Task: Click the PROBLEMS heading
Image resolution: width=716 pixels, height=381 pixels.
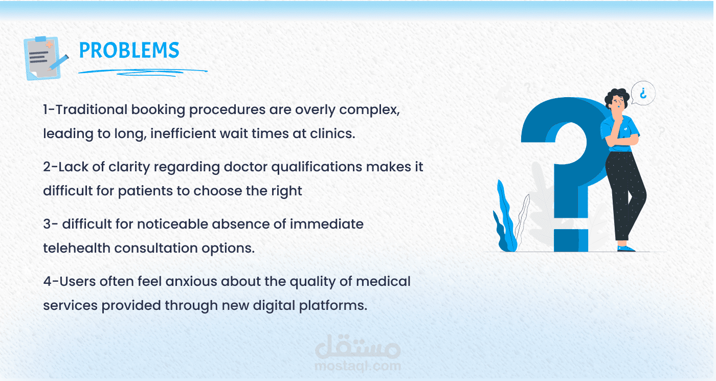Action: point(129,50)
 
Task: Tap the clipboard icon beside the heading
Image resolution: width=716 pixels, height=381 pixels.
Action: point(45,58)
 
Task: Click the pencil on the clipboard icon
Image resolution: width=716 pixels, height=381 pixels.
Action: point(58,62)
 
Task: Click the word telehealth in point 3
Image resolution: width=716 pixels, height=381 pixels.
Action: point(77,248)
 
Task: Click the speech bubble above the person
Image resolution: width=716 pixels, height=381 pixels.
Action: point(643,93)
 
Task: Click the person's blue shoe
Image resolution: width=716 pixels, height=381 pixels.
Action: point(626,249)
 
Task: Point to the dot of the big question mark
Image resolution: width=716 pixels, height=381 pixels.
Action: point(571,240)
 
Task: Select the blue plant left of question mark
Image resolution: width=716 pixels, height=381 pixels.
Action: point(505,217)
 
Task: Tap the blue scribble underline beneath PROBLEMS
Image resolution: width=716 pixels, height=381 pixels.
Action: point(143,72)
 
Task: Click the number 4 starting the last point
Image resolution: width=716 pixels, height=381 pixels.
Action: point(47,282)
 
